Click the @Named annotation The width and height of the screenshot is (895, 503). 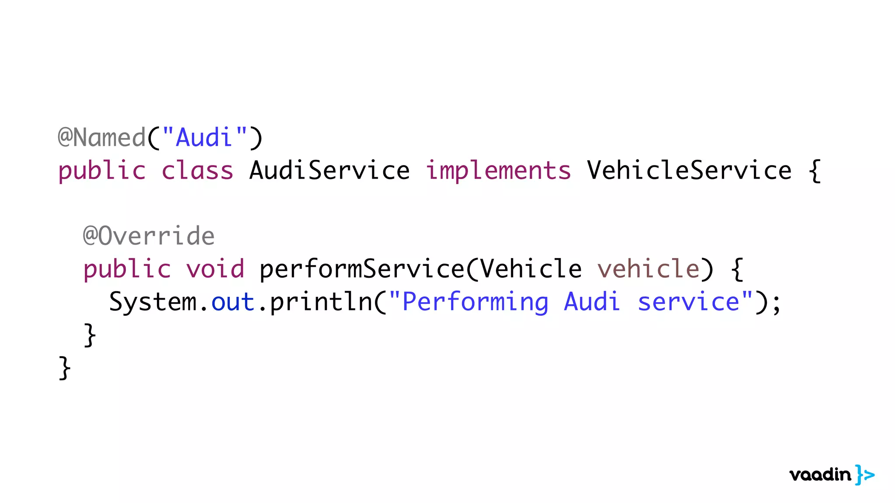[x=101, y=138]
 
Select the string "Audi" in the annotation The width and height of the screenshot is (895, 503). [x=204, y=138]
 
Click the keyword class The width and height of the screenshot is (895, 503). [x=198, y=171]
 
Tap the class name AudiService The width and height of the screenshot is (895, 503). [x=330, y=171]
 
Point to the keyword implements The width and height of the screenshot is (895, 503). [x=498, y=171]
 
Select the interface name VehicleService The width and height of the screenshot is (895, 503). [x=689, y=171]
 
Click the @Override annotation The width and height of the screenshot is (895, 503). [x=149, y=236]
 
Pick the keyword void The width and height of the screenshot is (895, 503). [x=215, y=269]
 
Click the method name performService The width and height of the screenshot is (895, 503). [x=362, y=269]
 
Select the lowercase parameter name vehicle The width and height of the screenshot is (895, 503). [x=648, y=269]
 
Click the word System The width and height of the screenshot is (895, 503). [x=153, y=302]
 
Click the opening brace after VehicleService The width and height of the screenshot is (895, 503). [x=814, y=171]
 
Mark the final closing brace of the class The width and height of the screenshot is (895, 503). [x=64, y=368]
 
